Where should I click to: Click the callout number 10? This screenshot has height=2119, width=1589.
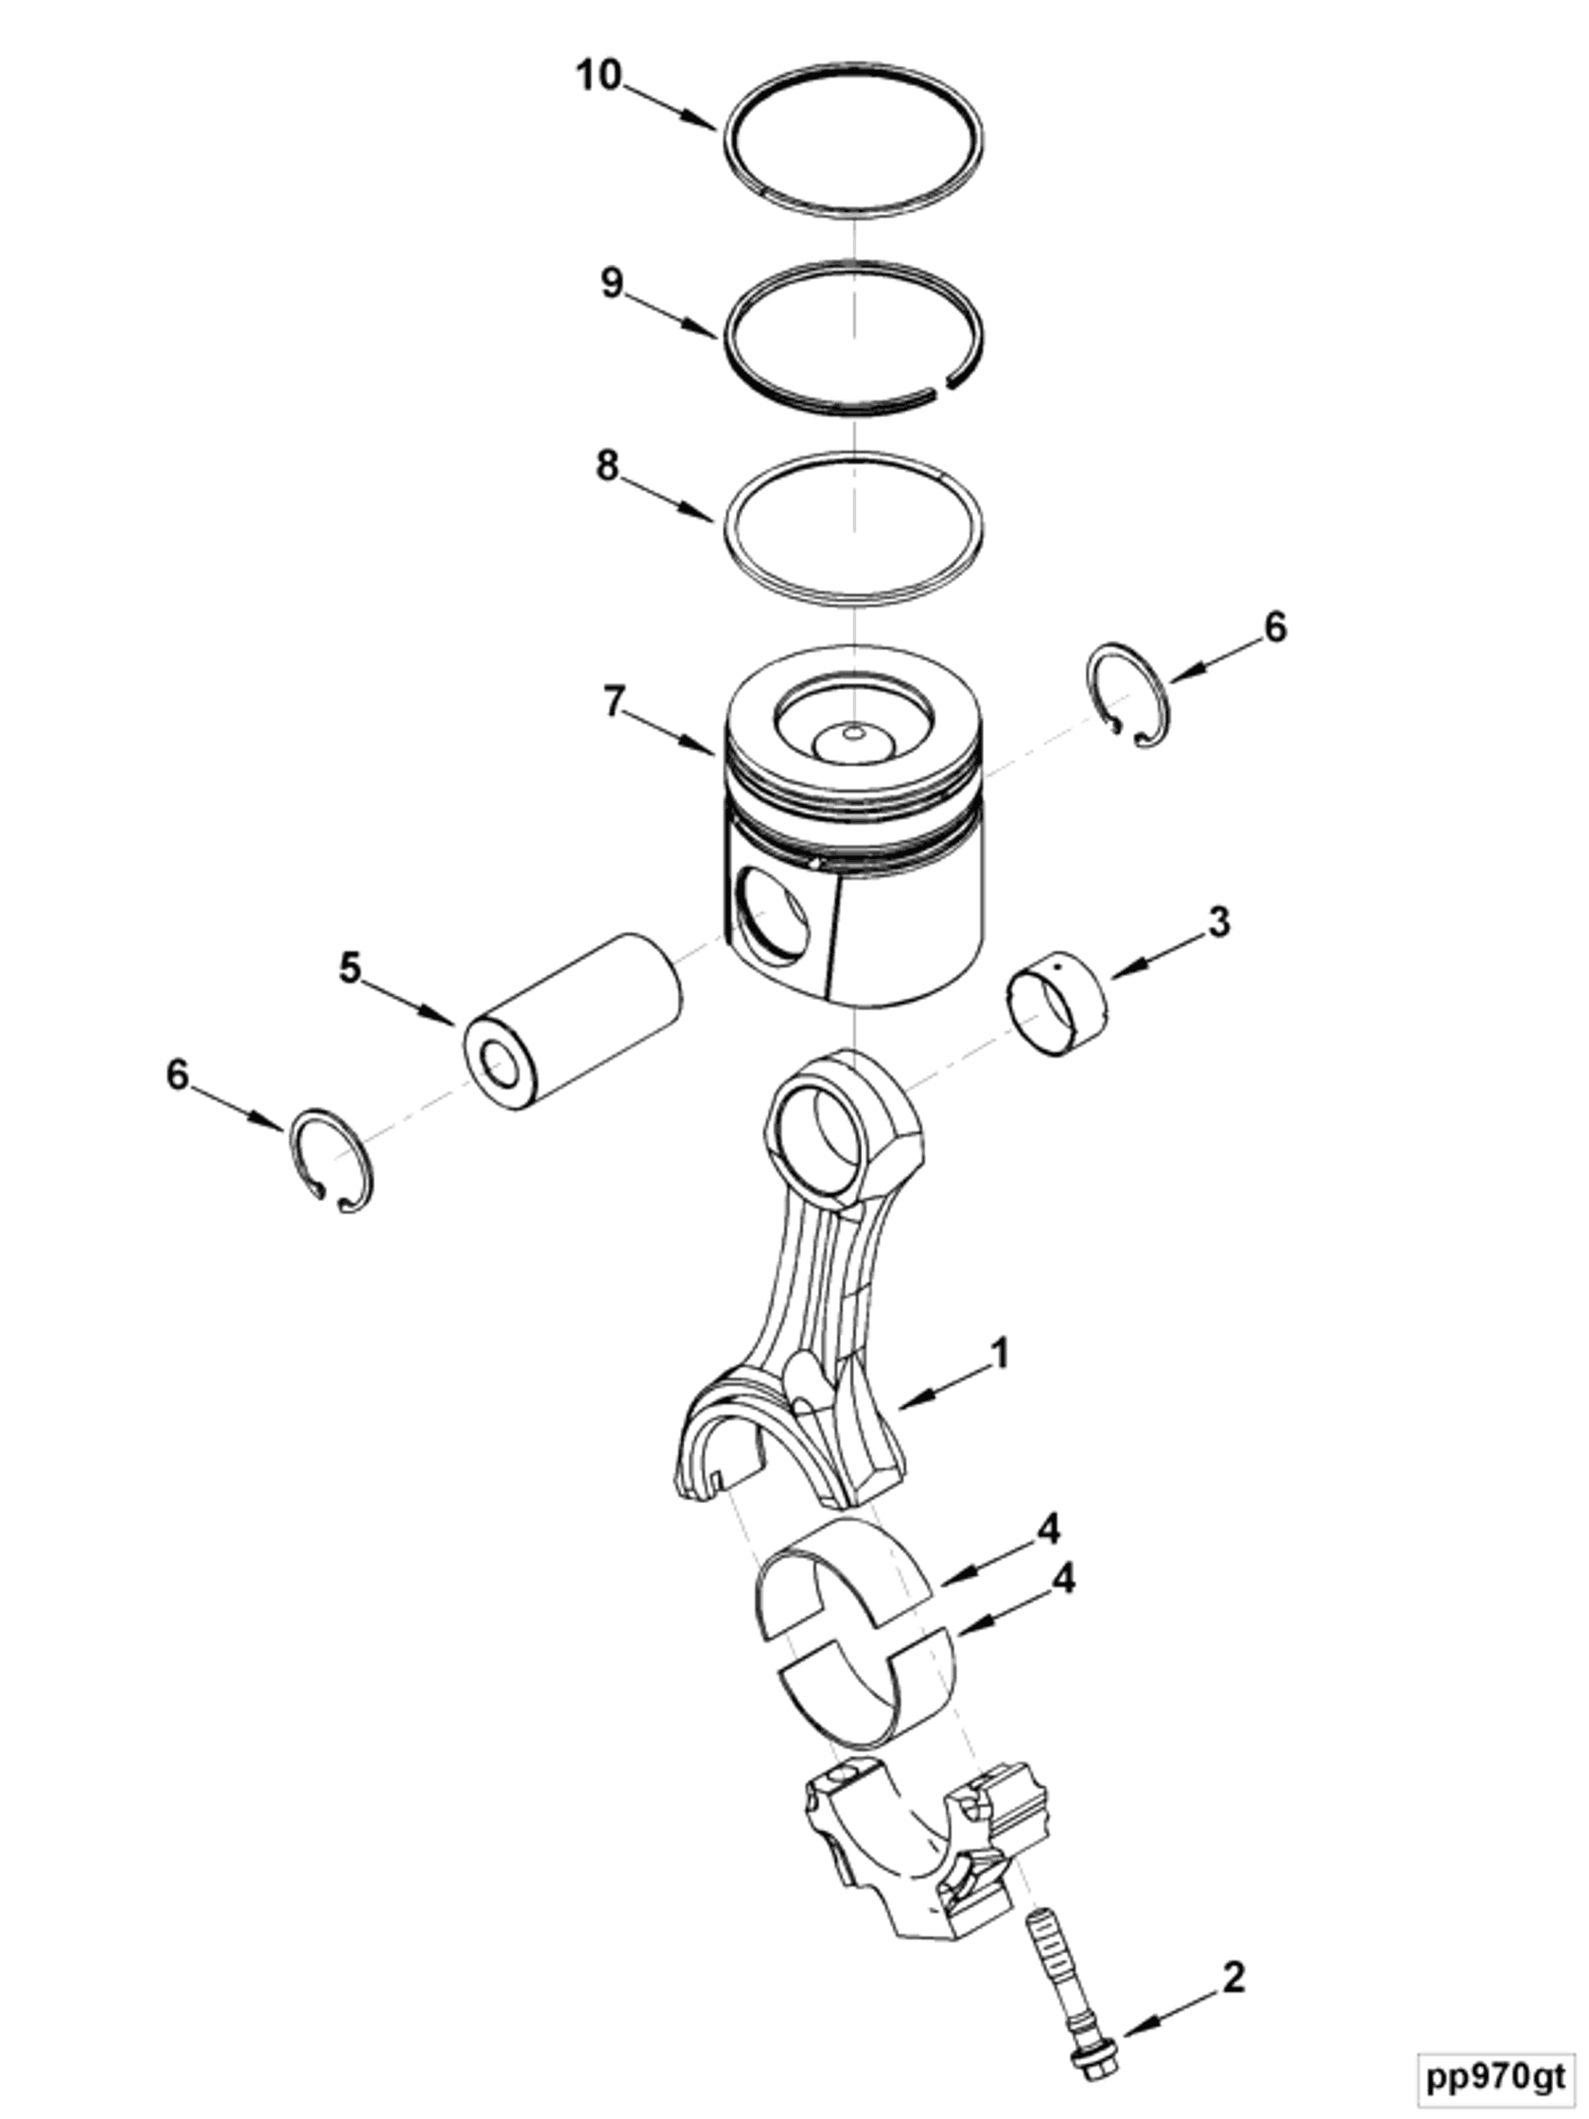(599, 75)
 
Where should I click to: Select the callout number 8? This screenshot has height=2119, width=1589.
(607, 466)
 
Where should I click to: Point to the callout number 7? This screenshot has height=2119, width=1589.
(613, 701)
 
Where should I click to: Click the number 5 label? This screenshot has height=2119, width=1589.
(350, 968)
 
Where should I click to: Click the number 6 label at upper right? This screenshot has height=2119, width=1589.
(1275, 627)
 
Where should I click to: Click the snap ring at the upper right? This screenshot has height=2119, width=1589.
(1130, 694)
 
